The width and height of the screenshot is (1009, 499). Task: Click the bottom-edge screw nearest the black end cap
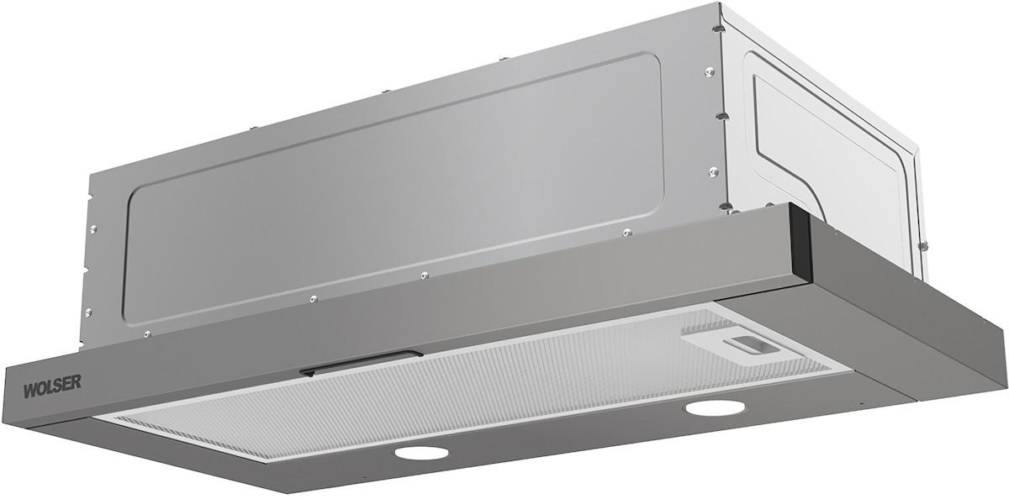click(x=626, y=233)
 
